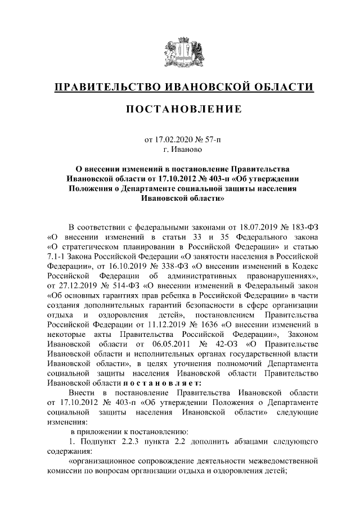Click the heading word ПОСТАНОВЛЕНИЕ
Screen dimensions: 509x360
point(179,109)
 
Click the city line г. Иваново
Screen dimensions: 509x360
point(179,150)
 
